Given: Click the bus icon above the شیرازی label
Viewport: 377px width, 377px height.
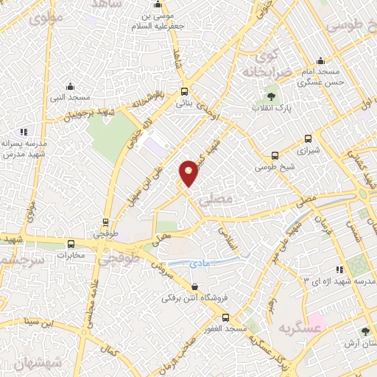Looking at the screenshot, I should pyautogui.click(x=307, y=137).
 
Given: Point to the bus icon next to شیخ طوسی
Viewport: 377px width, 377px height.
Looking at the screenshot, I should pyautogui.click(x=275, y=155).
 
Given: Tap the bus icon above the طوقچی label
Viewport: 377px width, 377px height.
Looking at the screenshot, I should pyautogui.click(x=106, y=222).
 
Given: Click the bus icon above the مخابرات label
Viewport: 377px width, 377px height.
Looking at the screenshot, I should pyautogui.click(x=71, y=244).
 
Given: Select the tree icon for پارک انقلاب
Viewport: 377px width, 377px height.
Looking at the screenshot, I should pyautogui.click(x=271, y=96).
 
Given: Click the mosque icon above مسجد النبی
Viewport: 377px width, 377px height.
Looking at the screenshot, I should pyautogui.click(x=69, y=85).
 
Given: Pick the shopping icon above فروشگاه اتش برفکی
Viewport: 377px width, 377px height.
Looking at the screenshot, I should pyautogui.click(x=194, y=286).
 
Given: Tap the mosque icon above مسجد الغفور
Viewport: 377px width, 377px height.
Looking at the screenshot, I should pyautogui.click(x=225, y=317).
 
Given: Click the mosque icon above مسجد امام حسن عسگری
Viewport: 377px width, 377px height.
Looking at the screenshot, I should pyautogui.click(x=320, y=62).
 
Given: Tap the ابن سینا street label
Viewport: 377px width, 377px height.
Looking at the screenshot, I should pyautogui.click(x=40, y=322).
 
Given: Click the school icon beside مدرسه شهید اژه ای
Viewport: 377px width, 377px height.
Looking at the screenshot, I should pyautogui.click(x=339, y=270).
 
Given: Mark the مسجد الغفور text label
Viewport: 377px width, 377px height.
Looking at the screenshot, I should pyautogui.click(x=225, y=328).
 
